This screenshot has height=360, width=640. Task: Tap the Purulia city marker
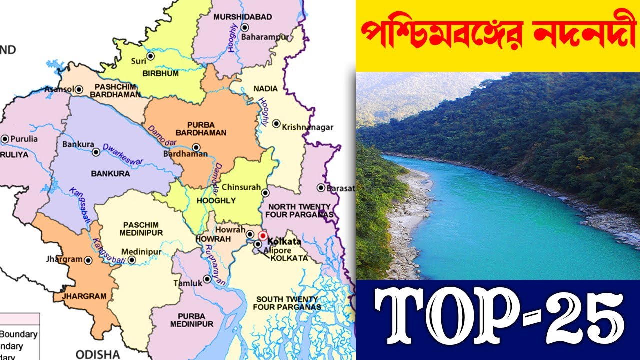pyautogui.click(x=5, y=139)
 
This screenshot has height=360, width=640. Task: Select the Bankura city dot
pyautogui.click(x=95, y=151)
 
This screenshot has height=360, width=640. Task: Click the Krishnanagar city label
pyautogui.click(x=307, y=127)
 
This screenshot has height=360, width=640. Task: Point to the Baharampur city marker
pyautogui.click(x=245, y=27)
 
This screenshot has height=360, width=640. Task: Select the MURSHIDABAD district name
pyautogui.click(x=243, y=17)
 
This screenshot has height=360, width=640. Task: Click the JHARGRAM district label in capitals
pyautogui.click(x=84, y=296)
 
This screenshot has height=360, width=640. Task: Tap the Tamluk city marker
pyautogui.click(x=207, y=279)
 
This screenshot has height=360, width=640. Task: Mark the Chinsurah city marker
pyautogui.click(x=265, y=192)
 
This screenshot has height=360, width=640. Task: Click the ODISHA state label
pyautogui.click(x=98, y=354)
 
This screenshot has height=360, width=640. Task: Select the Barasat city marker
pyautogui.click(x=321, y=188)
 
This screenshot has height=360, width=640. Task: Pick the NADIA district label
pyautogui.click(x=265, y=88)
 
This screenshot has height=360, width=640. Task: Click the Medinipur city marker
pyautogui.click(x=132, y=260)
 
